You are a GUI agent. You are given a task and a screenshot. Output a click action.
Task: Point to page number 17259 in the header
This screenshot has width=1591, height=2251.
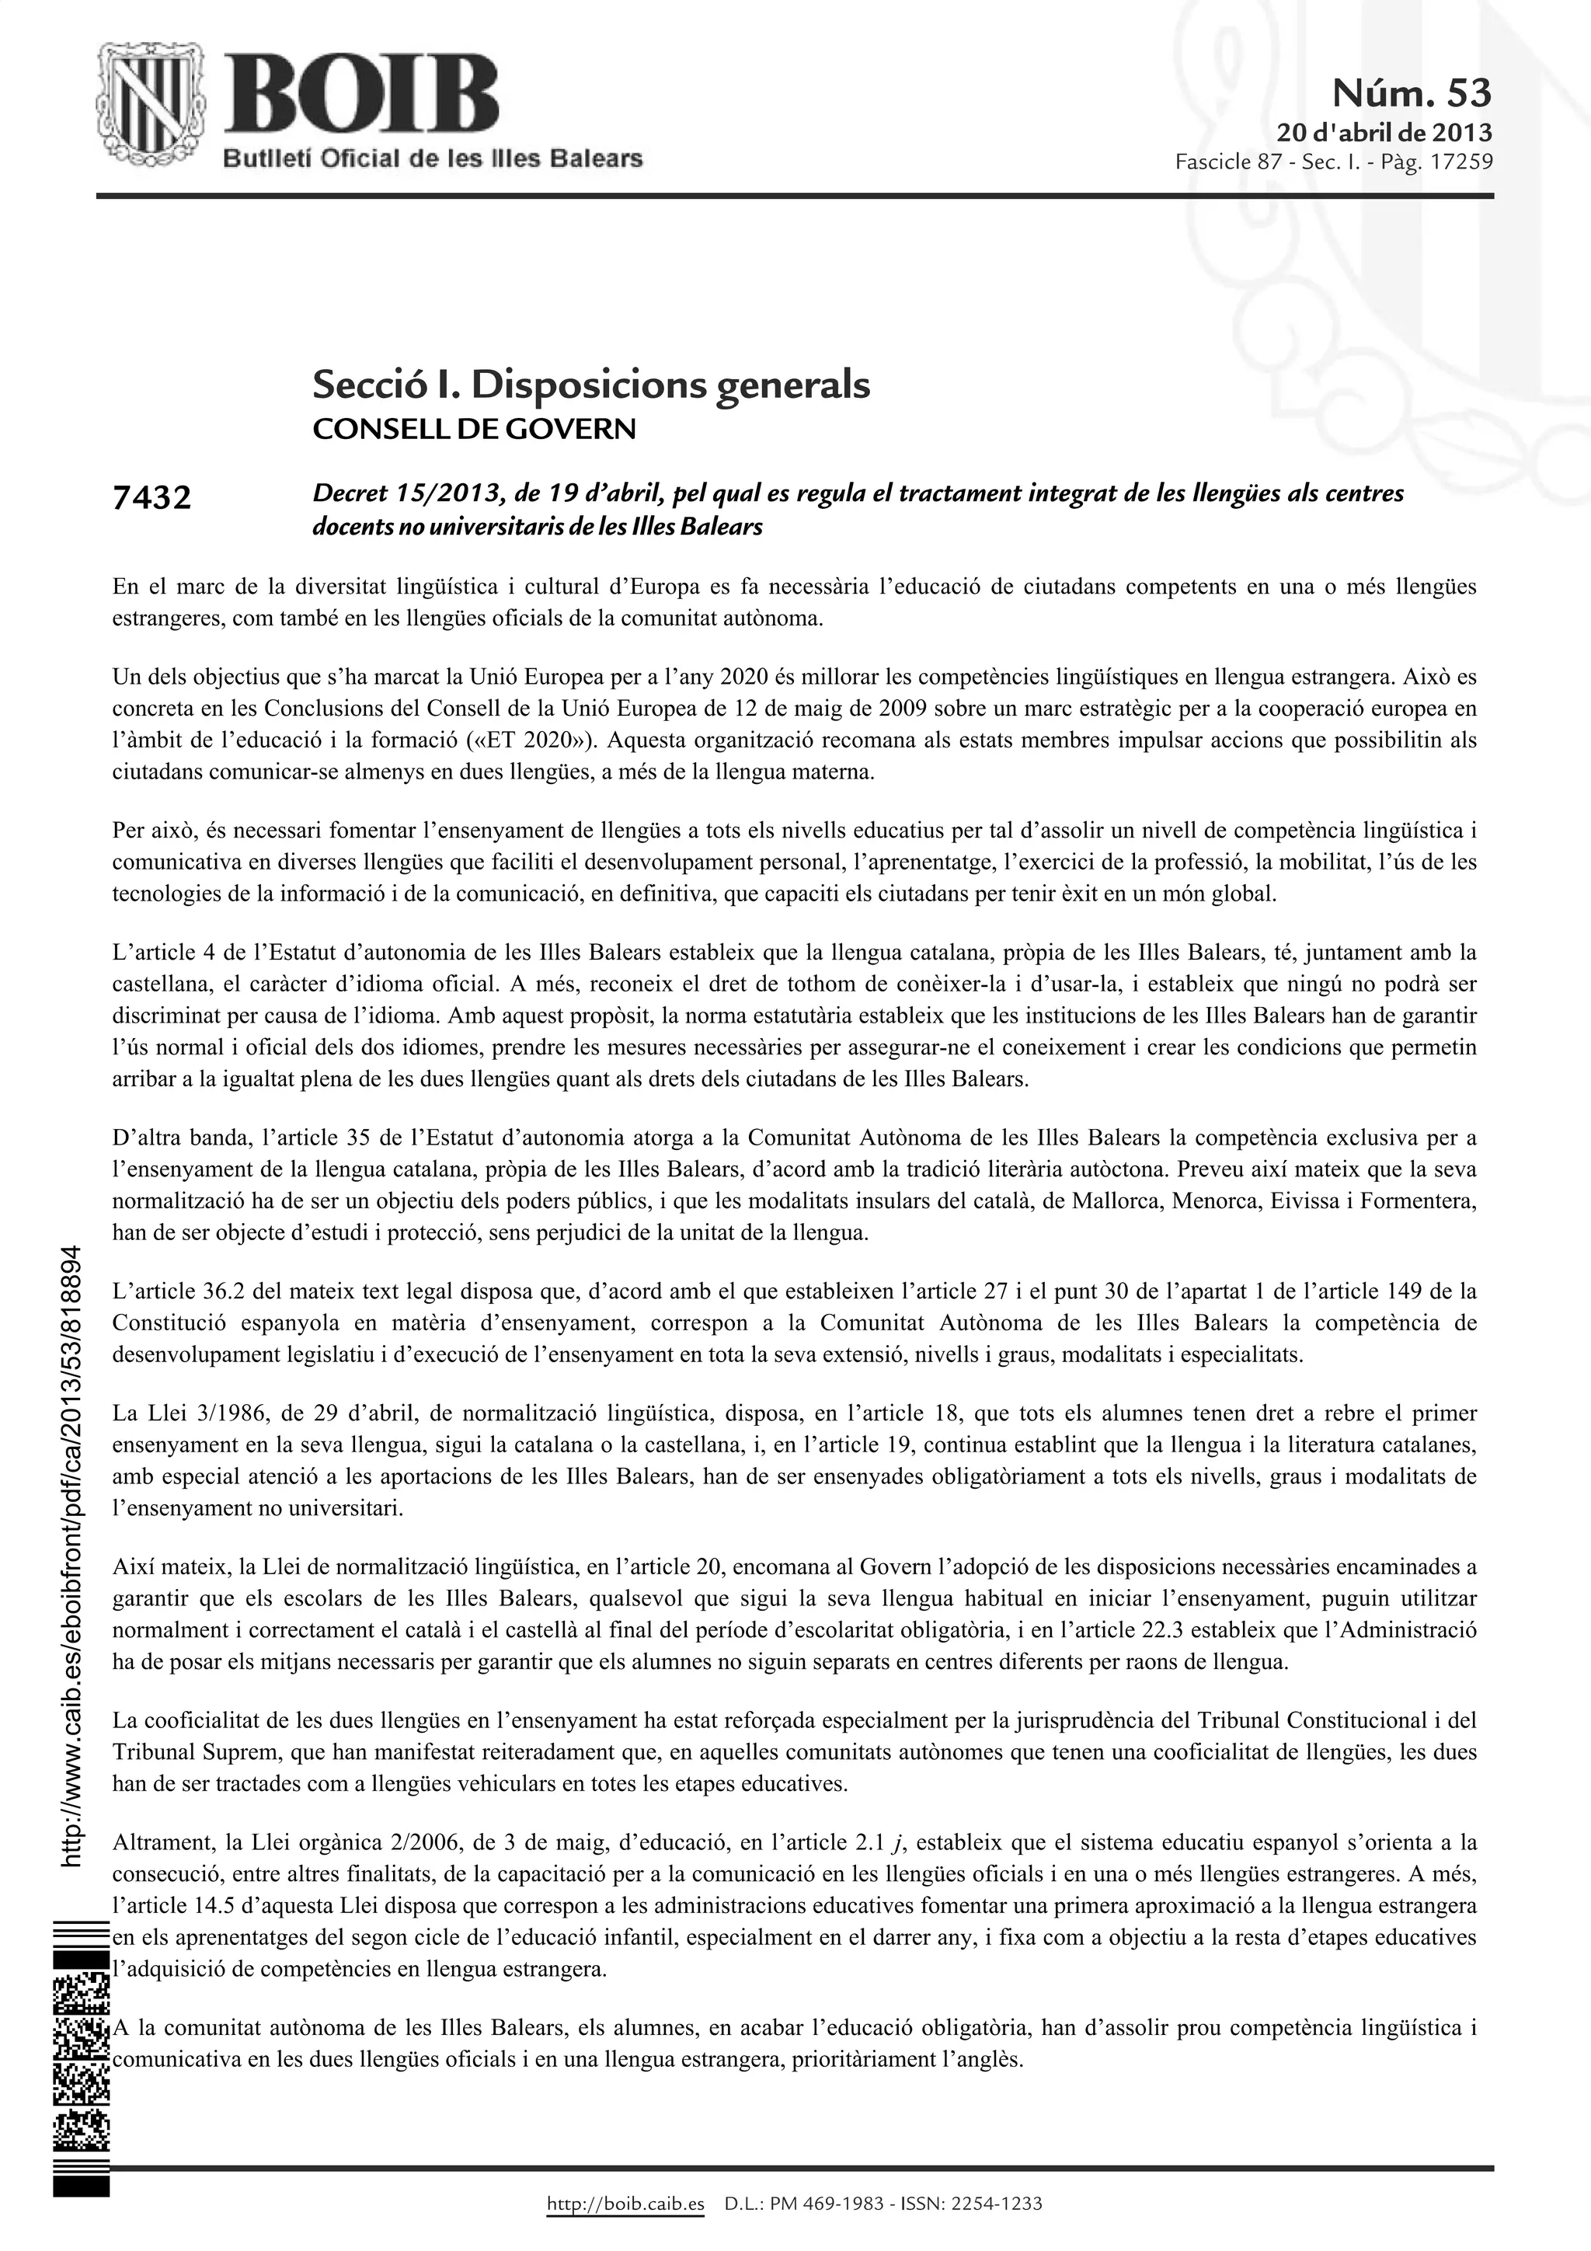pyautogui.click(x=1461, y=161)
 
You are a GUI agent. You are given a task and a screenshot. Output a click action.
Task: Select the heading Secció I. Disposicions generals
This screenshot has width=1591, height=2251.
pyautogui.click(x=590, y=385)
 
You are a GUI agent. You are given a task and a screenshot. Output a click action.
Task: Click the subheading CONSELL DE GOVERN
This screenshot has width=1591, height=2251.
pyautogui.click(x=473, y=430)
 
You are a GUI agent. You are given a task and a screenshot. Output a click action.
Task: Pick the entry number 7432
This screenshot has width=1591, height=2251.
pyautogui.click(x=152, y=499)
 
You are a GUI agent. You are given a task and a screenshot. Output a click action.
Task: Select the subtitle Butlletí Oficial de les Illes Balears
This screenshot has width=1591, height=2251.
pyautogui.click(x=431, y=159)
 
